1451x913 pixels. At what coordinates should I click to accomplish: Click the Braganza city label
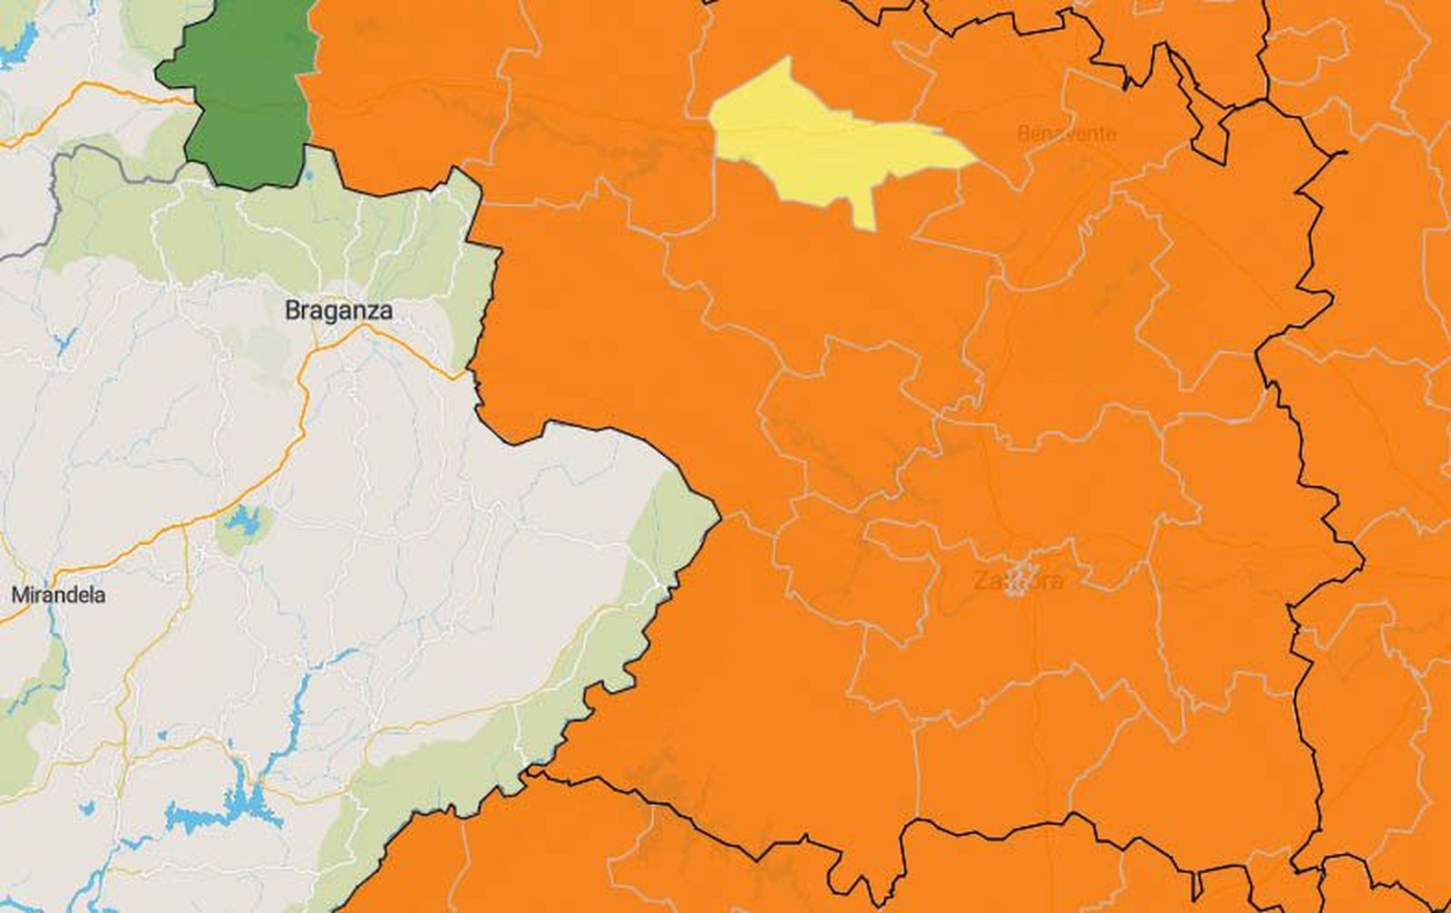[x=338, y=310]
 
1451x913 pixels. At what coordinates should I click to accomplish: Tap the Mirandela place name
[x=58, y=596]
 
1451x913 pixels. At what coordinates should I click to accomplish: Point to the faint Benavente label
[x=1066, y=134]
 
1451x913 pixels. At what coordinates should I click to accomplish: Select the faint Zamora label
[x=1018, y=580]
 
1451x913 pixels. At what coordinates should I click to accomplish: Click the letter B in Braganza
[x=292, y=310]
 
